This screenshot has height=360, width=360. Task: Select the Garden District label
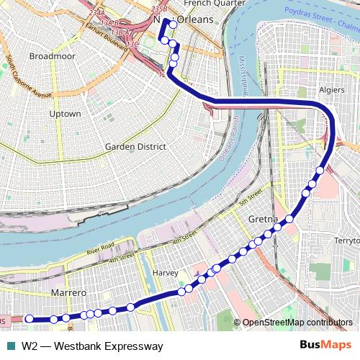pos(135,146)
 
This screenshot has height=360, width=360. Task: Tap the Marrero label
pos(69,293)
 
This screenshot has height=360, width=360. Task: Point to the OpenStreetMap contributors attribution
pos(298,323)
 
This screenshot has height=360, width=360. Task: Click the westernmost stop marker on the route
pos(29,318)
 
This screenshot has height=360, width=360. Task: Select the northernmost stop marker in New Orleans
pos(173,24)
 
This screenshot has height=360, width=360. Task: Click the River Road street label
pos(101,248)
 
